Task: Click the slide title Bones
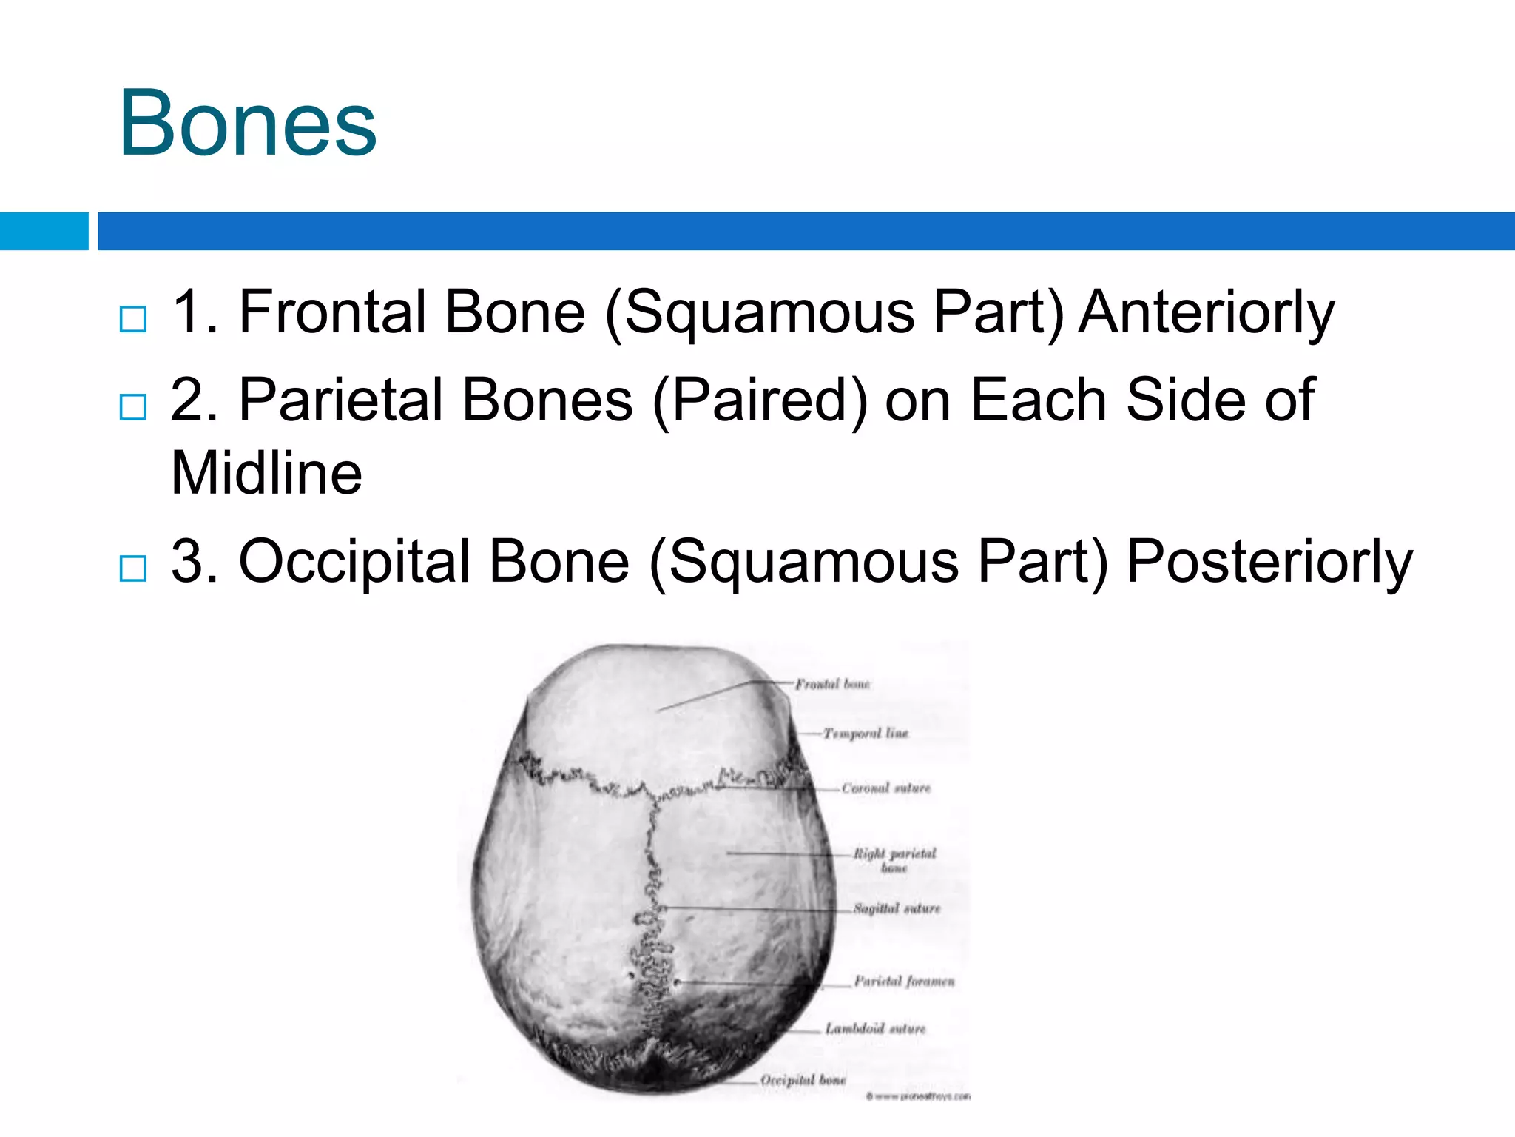point(248,123)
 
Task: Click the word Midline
point(266,473)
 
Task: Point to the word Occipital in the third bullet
point(354,561)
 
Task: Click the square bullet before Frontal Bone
point(133,319)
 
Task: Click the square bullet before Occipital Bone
point(133,568)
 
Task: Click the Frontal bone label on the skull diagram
point(832,684)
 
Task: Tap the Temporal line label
point(866,734)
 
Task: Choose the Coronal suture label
point(885,788)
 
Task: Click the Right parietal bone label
point(894,860)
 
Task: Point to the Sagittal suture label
point(897,908)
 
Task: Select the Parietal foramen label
point(904,982)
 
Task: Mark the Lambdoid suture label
point(875,1029)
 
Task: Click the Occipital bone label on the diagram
point(803,1080)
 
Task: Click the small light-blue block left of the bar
point(44,231)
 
